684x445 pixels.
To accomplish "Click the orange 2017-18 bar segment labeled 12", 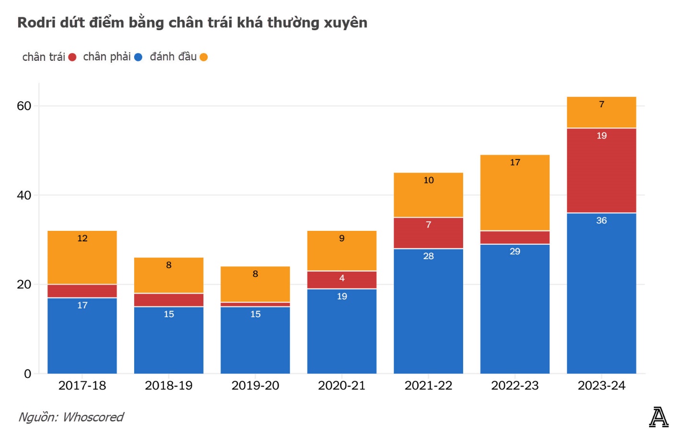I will click(x=82, y=257).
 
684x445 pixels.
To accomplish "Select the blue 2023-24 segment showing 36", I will click(x=601, y=293).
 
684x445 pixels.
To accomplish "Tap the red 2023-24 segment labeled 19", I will click(x=601, y=170).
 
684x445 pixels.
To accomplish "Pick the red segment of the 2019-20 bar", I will click(x=255, y=304).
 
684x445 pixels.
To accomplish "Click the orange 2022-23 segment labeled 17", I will click(x=514, y=193).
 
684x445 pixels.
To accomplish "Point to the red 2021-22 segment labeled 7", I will click(x=428, y=233).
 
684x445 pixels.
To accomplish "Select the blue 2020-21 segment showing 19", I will click(x=342, y=331).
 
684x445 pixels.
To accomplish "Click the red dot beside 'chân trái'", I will click(x=72, y=57).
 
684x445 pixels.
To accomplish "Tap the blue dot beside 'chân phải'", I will click(x=138, y=57).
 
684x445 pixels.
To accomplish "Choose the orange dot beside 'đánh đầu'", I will click(x=204, y=57).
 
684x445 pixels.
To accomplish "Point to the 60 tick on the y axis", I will click(x=24, y=106).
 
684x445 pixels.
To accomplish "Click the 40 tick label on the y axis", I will click(x=24, y=195).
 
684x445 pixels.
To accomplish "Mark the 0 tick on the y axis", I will click(x=27, y=374).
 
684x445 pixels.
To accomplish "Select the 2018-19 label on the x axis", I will click(x=169, y=386).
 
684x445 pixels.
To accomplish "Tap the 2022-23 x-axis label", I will click(x=514, y=386).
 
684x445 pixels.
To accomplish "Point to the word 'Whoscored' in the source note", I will click(x=93, y=417).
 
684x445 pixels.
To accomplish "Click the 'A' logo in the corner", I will click(x=659, y=417).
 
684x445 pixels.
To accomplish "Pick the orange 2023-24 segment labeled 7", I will click(x=601, y=113).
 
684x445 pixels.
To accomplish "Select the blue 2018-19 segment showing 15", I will click(x=169, y=340).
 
